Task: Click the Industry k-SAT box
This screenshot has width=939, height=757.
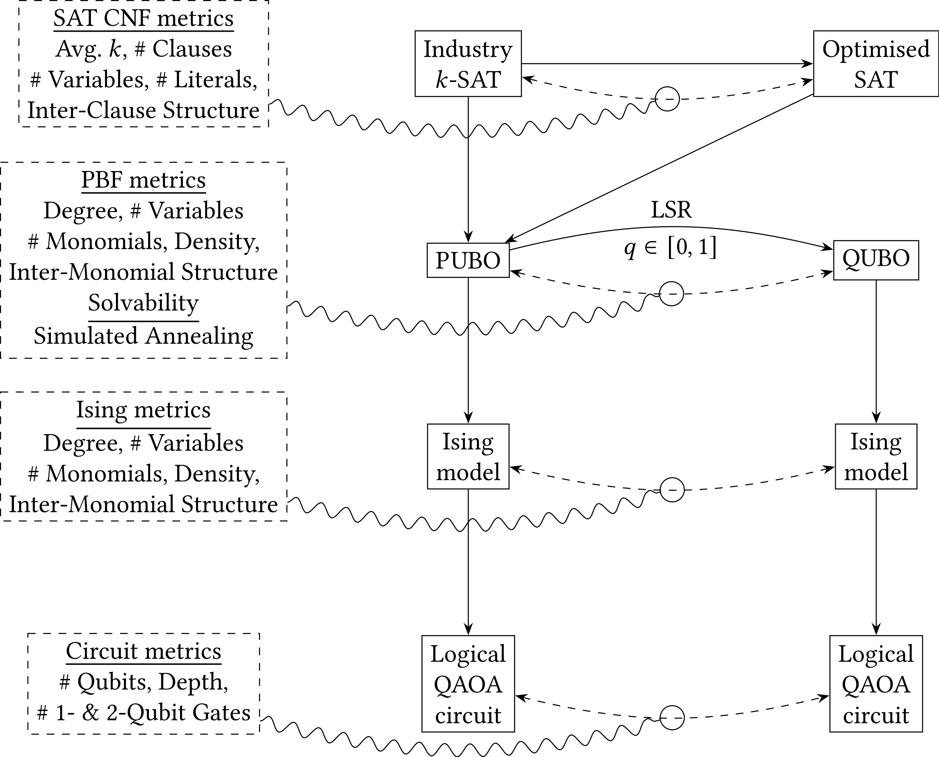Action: pyautogui.click(x=468, y=64)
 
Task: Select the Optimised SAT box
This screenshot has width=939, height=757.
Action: pyautogui.click(x=875, y=64)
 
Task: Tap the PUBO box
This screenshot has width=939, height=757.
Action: pyautogui.click(x=468, y=260)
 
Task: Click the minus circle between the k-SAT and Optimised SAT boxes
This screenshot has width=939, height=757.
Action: pyautogui.click(x=667, y=99)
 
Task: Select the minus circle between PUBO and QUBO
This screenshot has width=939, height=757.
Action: pyautogui.click(x=671, y=294)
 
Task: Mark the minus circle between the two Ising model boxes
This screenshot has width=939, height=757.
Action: pyautogui.click(x=672, y=490)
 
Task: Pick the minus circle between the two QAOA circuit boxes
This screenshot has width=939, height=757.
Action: pyautogui.click(x=672, y=717)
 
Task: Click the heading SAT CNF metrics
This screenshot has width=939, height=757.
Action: pyautogui.click(x=143, y=18)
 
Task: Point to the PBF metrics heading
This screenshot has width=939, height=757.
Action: pyautogui.click(x=143, y=180)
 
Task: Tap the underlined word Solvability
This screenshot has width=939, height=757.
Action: pyautogui.click(x=143, y=302)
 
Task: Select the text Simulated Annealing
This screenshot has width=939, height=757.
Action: pyautogui.click(x=143, y=336)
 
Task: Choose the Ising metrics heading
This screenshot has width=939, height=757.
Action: pyautogui.click(x=143, y=410)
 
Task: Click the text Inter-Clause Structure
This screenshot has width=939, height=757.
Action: pyautogui.click(x=143, y=110)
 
